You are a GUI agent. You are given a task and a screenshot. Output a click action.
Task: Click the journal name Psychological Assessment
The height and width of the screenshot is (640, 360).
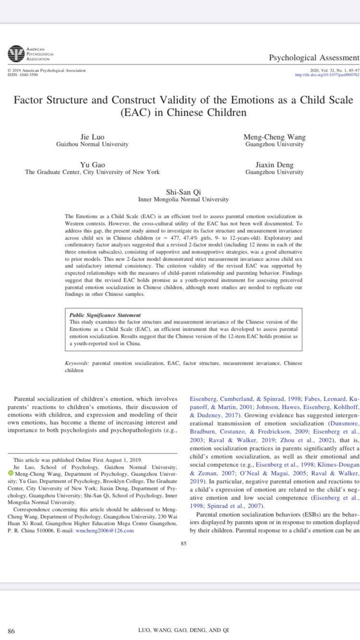pos(313,58)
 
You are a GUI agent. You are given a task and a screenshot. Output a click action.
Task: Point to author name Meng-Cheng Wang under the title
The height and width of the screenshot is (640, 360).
pos(274,137)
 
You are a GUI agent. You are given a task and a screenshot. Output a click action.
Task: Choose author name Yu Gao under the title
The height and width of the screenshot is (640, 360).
pos(93,165)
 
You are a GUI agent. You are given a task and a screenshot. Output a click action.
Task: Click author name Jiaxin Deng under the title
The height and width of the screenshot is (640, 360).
pos(274,165)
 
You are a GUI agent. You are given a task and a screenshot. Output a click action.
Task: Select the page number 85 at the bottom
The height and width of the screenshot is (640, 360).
pos(183,543)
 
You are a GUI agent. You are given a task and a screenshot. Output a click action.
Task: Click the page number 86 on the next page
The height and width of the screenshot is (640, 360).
pos(11,631)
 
